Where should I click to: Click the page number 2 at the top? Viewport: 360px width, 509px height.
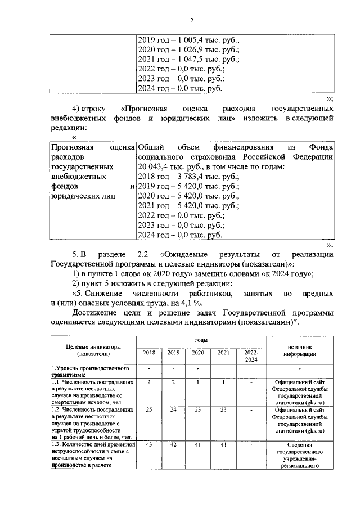pos(191,21)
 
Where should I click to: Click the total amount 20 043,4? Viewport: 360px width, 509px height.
pos(155,167)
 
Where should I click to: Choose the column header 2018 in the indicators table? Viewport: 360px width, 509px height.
pos(149,353)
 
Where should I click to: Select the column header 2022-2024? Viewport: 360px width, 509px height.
pos(247,356)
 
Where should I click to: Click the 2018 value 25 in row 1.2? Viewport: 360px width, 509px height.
pos(149,410)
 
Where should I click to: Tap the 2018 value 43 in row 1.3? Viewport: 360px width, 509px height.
pos(149,444)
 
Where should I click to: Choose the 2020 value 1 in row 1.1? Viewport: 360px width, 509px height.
pos(198,382)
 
